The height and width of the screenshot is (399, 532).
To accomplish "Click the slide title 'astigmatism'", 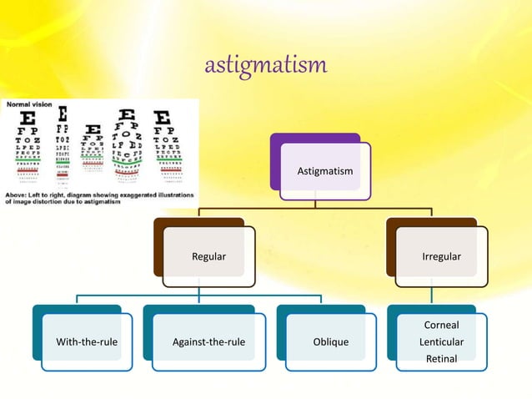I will point(266,64).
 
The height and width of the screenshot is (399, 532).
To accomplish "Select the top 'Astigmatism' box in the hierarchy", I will point(325,171).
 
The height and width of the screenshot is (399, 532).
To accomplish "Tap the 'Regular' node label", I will point(208,256).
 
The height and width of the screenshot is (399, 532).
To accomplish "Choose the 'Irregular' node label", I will point(441,256).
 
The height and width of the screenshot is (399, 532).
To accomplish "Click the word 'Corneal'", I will point(441,325).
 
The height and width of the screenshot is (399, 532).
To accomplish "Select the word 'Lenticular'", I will point(441,342).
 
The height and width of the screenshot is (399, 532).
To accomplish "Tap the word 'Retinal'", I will point(441,359).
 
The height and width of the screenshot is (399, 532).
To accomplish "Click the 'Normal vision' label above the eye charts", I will point(28,105).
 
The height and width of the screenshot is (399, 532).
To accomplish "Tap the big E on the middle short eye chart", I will point(92,129).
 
